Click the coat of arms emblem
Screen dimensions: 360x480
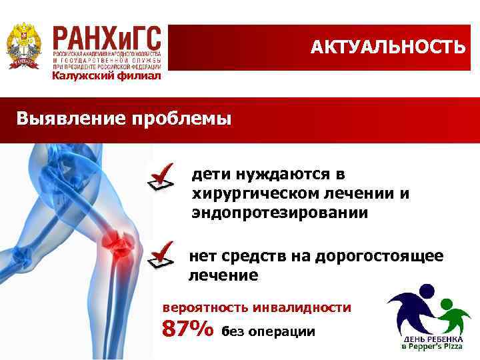point(23,46)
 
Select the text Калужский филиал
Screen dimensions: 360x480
point(107,76)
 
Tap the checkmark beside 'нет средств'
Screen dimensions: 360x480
point(162,257)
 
